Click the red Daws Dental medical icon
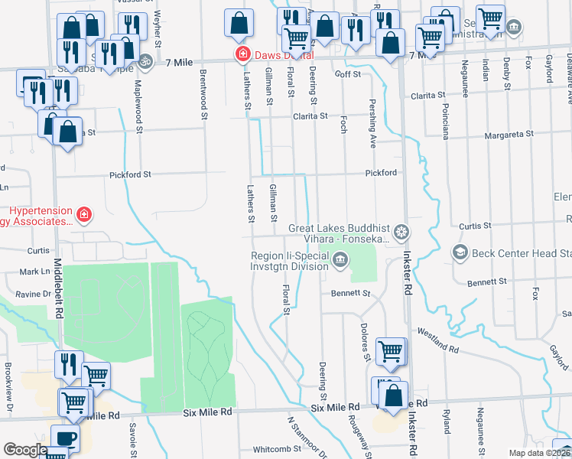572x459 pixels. pyautogui.click(x=242, y=54)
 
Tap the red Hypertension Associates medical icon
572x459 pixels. pyautogui.click(x=84, y=216)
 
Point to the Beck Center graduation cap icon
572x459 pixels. pyautogui.click(x=460, y=252)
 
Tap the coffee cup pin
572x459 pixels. pyautogui.click(x=65, y=439)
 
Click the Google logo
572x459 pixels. pyautogui.click(x=25, y=450)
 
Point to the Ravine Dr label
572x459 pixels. pyautogui.click(x=34, y=293)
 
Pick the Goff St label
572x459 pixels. pyautogui.click(x=348, y=74)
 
